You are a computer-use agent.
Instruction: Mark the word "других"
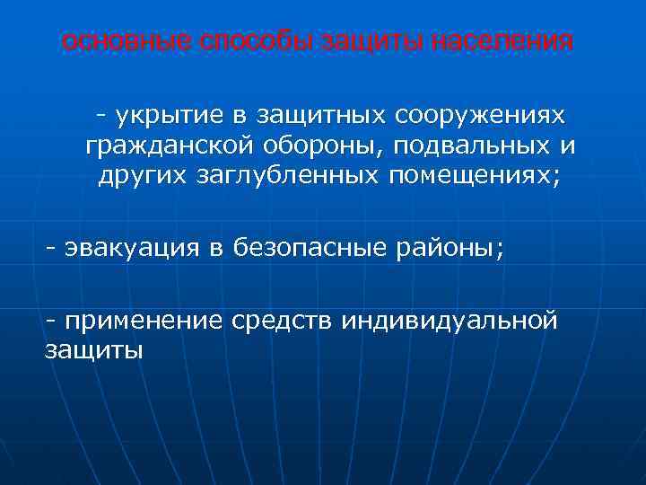[143, 175]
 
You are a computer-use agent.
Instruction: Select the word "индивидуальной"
[450, 321]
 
